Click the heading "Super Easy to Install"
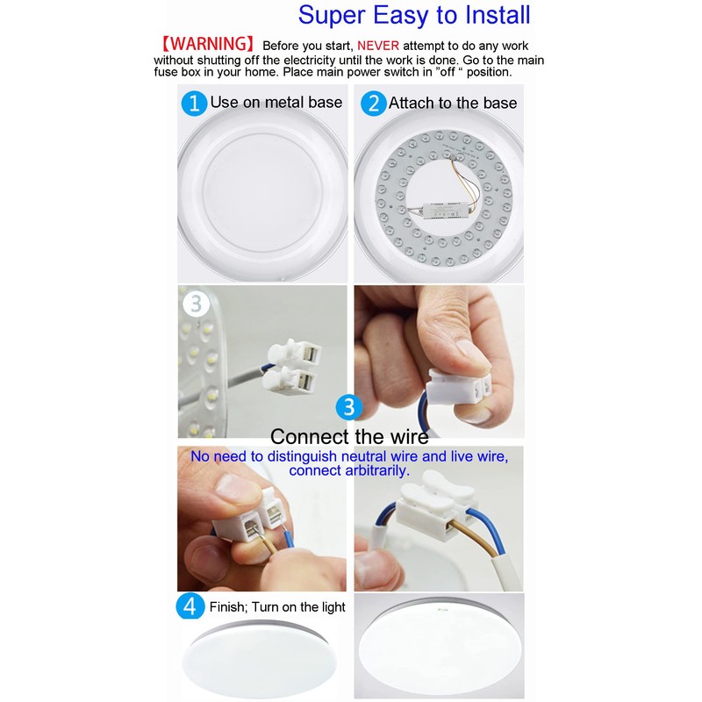coord(414,15)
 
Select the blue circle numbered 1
coord(194,103)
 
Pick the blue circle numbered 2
coord(374,103)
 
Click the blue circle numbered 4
coord(191,606)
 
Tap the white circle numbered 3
coord(197,304)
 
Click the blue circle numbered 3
coord(349,407)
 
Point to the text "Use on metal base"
coord(276,103)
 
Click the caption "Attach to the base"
coord(453,103)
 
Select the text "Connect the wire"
coord(349,436)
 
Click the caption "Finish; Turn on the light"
coord(277,607)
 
